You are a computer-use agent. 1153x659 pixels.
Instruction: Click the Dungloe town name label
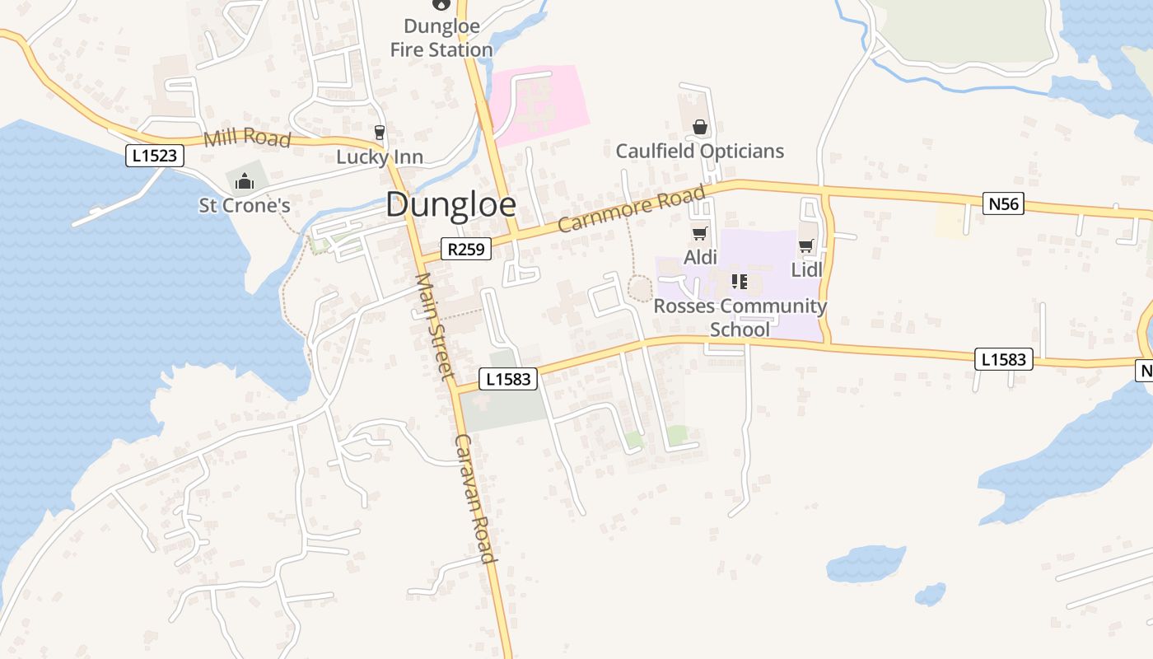[450, 205]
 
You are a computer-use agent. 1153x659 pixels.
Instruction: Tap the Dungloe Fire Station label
[441, 39]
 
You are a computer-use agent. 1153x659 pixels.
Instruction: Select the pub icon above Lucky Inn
[379, 132]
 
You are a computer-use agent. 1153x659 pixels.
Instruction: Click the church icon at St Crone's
[244, 181]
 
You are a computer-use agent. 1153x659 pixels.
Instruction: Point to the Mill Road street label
[247, 138]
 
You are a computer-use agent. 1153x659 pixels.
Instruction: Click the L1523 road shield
[155, 155]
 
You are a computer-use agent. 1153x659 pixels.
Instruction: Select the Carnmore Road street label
[632, 209]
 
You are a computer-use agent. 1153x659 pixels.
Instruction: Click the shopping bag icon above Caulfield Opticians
[699, 127]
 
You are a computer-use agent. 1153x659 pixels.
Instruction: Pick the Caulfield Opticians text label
[699, 152]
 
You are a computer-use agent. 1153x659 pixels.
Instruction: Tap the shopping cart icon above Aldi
[699, 234]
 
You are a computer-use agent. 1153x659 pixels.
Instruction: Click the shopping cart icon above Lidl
[805, 245]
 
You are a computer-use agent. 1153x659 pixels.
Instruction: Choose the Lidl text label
[806, 269]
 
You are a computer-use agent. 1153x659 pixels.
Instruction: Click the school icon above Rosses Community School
[739, 283]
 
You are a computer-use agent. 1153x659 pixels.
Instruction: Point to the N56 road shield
[1003, 203]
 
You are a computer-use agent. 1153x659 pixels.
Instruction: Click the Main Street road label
[435, 326]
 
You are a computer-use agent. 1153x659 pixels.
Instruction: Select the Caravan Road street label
[476, 498]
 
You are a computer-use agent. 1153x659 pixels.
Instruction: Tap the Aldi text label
[700, 258]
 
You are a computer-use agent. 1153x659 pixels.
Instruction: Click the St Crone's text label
[245, 205]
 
